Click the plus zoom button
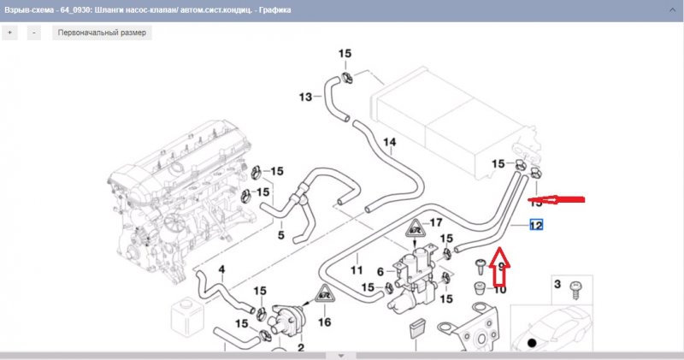click(10, 32)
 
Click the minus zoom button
click(33, 32)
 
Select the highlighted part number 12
click(536, 226)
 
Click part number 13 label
click(305, 97)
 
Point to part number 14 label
click(389, 142)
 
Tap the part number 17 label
click(436, 223)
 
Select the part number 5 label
click(280, 233)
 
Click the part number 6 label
click(380, 271)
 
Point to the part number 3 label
click(556, 283)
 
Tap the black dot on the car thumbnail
click(532, 343)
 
